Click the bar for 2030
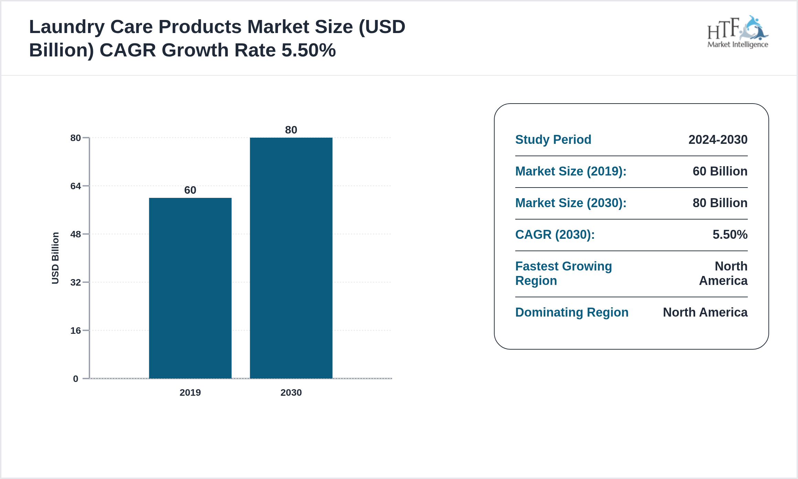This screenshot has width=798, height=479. pyautogui.click(x=291, y=258)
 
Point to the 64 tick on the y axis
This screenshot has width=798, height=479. pyautogui.click(x=76, y=186)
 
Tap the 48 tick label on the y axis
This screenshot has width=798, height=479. pyautogui.click(x=76, y=234)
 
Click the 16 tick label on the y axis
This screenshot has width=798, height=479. pyautogui.click(x=76, y=331)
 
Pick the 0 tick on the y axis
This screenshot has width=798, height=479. pyautogui.click(x=76, y=379)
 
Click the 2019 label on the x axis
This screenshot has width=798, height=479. pyautogui.click(x=190, y=393)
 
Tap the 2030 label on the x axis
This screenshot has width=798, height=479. pyautogui.click(x=291, y=393)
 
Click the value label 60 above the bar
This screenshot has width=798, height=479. pyautogui.click(x=190, y=190)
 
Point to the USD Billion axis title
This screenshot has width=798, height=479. pyautogui.click(x=55, y=258)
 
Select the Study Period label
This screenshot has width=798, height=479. pyautogui.click(x=553, y=140)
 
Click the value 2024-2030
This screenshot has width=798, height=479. pyautogui.click(x=718, y=140)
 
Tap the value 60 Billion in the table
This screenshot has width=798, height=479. pyautogui.click(x=720, y=171)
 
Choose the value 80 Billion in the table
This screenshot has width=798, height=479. pyautogui.click(x=720, y=203)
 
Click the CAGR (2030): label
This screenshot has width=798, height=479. pyautogui.click(x=555, y=235)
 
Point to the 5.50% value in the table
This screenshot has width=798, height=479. pyautogui.click(x=730, y=235)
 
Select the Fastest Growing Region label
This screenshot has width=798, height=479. pyautogui.click(x=563, y=274)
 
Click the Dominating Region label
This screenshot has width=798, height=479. pyautogui.click(x=572, y=312)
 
